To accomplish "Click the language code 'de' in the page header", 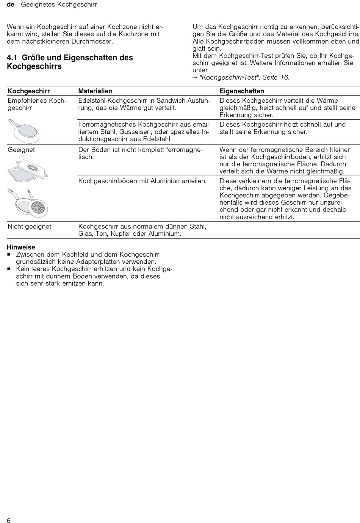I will pos(10,5).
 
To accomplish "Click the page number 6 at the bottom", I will pos(9,520).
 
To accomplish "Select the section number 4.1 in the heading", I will pos(12,58).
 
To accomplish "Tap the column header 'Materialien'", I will pos(95,91).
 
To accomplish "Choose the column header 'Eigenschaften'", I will pos(242,91).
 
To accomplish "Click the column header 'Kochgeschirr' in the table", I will pos(28,91).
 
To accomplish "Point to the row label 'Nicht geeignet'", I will pos(29,226).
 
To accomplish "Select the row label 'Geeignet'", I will pos(21,150).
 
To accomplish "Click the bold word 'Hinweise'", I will pos(21,247).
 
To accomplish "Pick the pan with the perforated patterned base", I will pos(38,208).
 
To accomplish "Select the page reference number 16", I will pos(284,77).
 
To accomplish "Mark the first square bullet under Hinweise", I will pos(9,255).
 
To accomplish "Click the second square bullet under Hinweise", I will pos(9,269).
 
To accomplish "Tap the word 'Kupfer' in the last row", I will pos(121,233).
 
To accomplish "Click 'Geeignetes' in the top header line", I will pos(39,5).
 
